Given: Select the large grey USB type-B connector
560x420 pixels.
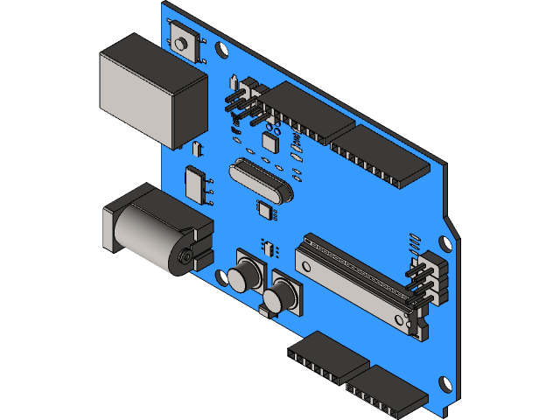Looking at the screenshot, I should [149, 90].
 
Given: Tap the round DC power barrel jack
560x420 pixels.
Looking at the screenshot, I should [153, 232].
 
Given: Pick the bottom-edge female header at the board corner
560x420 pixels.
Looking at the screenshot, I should [385, 390].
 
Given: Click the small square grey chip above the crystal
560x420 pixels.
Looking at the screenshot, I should [269, 141].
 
